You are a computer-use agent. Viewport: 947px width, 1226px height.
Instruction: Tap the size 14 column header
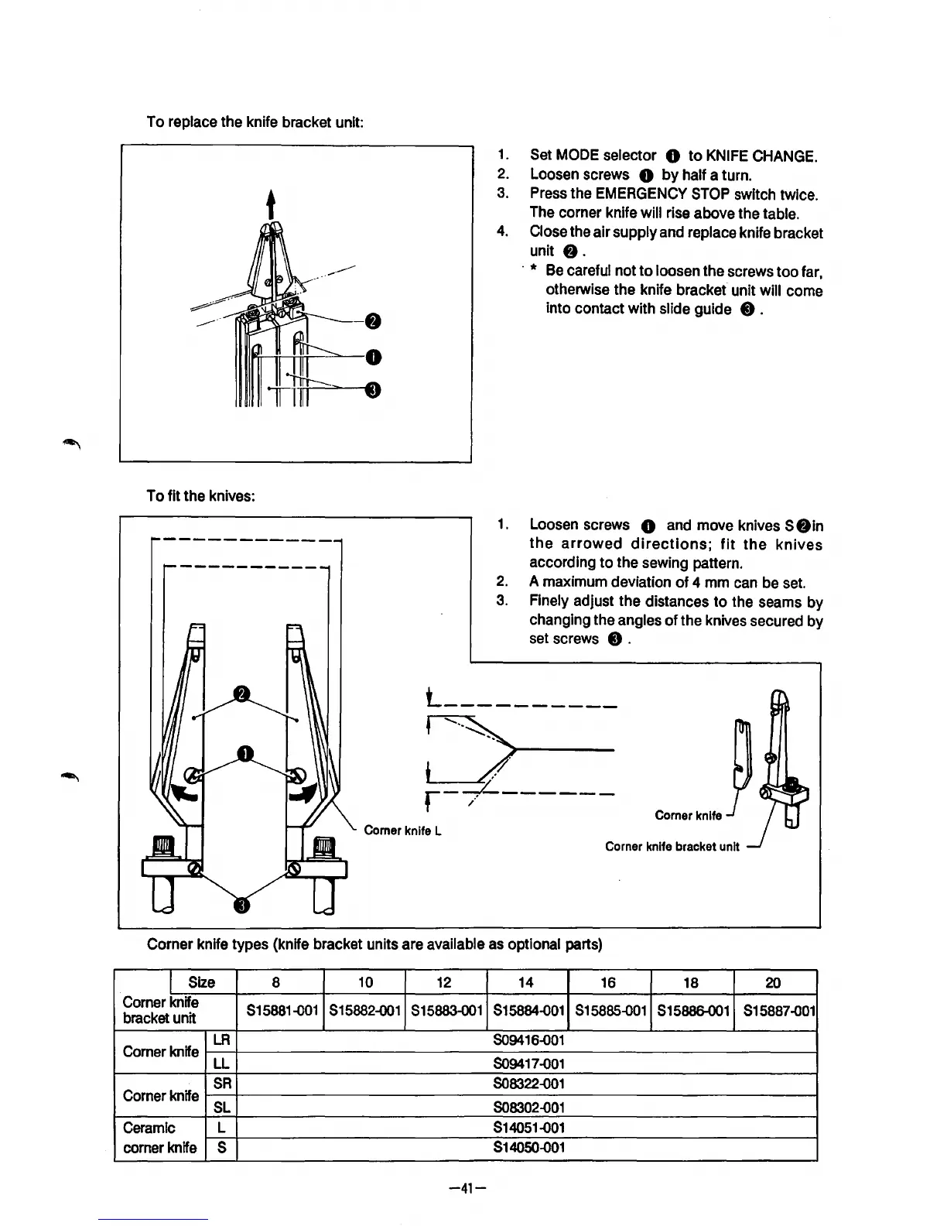coord(526,982)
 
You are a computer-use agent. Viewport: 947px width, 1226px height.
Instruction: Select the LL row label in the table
coord(221,1063)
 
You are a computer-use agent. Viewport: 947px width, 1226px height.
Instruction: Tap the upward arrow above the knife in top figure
coord(271,205)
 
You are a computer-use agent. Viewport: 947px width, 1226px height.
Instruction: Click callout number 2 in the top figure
coord(372,321)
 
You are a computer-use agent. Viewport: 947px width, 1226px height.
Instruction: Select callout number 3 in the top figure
coord(372,390)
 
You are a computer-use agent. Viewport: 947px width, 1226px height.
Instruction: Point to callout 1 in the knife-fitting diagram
coord(244,754)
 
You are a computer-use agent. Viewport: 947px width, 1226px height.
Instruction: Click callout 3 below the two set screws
coord(242,904)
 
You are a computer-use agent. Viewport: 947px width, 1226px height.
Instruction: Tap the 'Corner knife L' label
coord(402,831)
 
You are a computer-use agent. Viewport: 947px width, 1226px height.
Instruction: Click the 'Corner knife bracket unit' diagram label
coord(672,847)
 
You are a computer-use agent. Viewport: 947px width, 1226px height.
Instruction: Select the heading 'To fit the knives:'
coord(201,496)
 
